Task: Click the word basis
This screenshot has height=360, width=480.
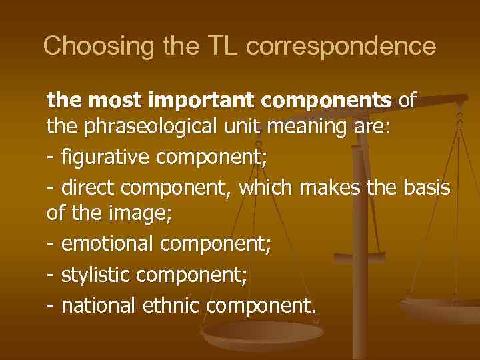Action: [x=427, y=189]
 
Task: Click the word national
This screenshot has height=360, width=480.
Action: [x=99, y=305]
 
